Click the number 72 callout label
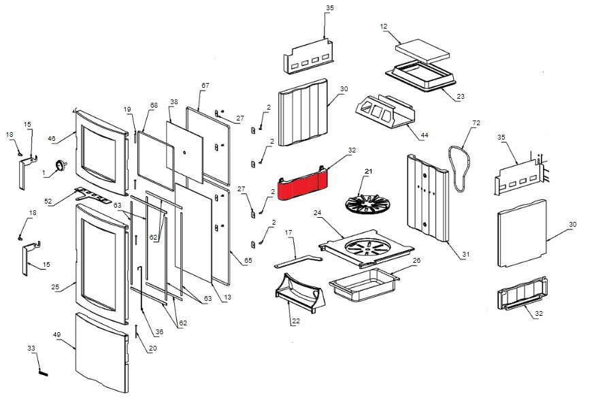pyautogui.click(x=476, y=123)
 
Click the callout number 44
pyautogui.click(x=425, y=136)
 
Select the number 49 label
pyautogui.click(x=57, y=336)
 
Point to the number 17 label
pyautogui.click(x=288, y=233)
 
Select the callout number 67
pyautogui.click(x=205, y=86)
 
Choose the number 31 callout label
pyautogui.click(x=466, y=255)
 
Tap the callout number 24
pyautogui.click(x=317, y=212)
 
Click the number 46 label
pyautogui.click(x=51, y=138)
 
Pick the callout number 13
pyautogui.click(x=227, y=297)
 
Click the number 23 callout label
pyautogui.click(x=461, y=97)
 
